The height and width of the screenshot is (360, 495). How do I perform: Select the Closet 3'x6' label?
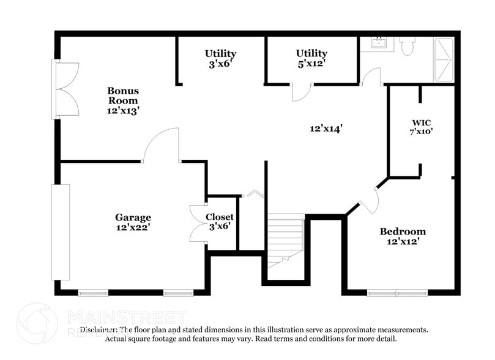(x=219, y=222)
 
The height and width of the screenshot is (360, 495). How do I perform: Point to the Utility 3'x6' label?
(x=220, y=58)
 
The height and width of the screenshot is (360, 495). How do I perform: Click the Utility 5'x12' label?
(x=311, y=58)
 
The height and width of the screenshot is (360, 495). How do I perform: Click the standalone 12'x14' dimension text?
(x=326, y=129)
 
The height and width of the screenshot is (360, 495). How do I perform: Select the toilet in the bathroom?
(x=408, y=45)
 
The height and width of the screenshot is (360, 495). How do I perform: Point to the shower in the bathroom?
(x=444, y=59)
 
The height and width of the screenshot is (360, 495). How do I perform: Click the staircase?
(x=286, y=240)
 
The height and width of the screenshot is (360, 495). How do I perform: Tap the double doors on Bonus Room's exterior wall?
(x=65, y=89)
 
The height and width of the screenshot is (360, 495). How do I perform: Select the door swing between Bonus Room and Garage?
(x=162, y=145)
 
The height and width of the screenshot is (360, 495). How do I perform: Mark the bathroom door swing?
(x=371, y=77)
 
